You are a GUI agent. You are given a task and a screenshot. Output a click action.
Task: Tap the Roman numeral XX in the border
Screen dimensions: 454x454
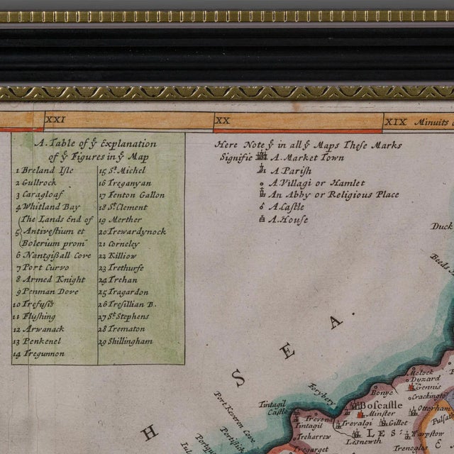223,121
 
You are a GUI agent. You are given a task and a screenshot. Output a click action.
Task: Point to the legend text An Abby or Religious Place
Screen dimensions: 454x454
333,194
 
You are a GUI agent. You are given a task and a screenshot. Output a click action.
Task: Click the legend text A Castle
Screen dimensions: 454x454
287,206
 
